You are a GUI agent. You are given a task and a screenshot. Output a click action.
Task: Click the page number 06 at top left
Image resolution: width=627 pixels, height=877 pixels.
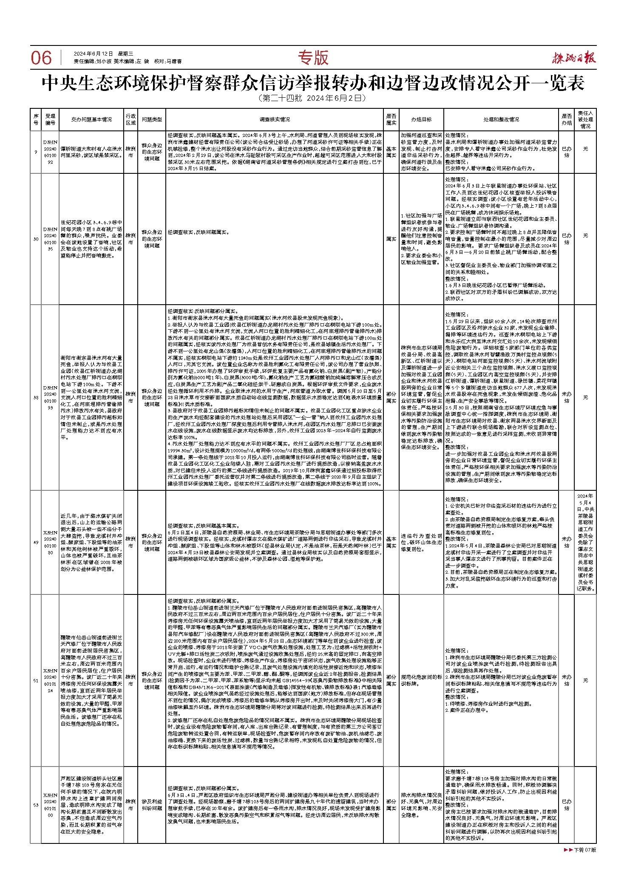[41, 58]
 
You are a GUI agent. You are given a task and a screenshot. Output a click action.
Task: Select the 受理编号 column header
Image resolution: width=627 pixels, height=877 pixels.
[50, 119]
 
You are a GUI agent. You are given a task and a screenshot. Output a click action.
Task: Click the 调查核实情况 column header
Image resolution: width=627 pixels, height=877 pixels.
[275, 119]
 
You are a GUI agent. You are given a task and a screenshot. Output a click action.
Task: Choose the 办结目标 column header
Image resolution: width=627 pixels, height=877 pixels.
[421, 119]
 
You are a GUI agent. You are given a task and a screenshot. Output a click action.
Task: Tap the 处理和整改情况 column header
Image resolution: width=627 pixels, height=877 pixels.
[501, 119]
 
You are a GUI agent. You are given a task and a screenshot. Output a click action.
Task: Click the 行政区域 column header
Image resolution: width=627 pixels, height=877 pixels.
[131, 119]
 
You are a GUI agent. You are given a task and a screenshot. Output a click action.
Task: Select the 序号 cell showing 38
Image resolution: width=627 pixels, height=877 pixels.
[36, 398]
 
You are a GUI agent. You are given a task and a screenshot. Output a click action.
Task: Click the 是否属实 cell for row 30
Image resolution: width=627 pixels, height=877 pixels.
[391, 239]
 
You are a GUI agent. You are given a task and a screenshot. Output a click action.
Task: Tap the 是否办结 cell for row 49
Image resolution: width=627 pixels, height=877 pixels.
[567, 542]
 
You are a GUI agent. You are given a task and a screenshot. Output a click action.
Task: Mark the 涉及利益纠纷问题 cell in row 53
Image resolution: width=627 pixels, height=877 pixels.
[152, 805]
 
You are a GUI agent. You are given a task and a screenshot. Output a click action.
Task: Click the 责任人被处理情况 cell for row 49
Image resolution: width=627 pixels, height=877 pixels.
[585, 542]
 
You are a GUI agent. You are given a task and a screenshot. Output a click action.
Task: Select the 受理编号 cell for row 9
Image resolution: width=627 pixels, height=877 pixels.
[50, 152]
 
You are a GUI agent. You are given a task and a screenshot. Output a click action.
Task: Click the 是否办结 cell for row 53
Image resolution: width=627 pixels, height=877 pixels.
[567, 805]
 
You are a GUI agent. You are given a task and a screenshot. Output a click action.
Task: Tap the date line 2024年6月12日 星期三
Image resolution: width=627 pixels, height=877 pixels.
[103, 54]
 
